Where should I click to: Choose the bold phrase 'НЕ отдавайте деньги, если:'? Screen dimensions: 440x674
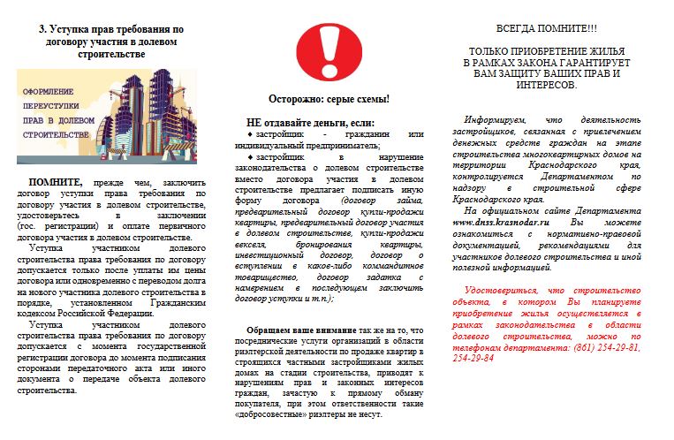(310, 122)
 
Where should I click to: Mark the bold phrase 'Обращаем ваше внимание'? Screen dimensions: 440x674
(303, 330)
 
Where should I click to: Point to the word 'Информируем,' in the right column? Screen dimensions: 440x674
(496, 119)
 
